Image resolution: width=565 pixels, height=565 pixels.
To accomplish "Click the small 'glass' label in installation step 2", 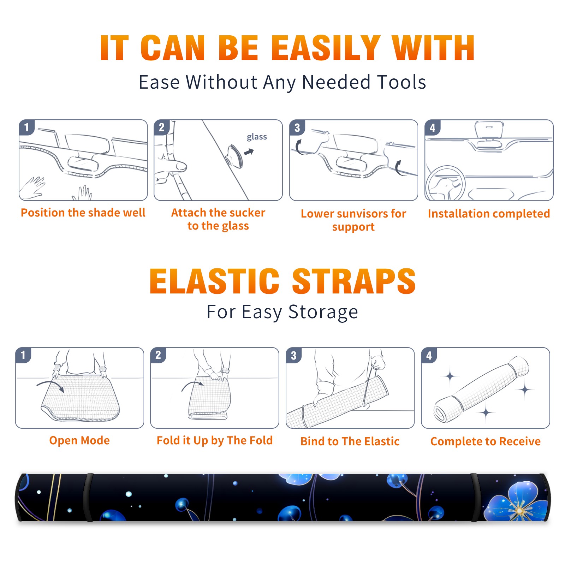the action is (x=257, y=137).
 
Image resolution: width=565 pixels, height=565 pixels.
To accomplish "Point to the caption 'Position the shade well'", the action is (x=83, y=213).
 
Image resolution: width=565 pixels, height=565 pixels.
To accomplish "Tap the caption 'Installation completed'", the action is (x=489, y=214).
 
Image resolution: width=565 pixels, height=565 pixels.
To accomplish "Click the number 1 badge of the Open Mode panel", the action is (x=23, y=355).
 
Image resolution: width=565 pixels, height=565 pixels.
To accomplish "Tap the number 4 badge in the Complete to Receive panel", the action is (x=429, y=355).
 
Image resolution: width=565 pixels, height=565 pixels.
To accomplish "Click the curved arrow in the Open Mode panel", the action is (x=51, y=385).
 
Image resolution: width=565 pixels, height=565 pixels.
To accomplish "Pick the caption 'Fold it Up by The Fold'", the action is (x=215, y=441).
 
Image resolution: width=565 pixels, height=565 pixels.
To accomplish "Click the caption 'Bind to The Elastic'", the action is (x=350, y=441).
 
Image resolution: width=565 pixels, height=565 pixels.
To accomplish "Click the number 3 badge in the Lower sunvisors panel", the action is (x=297, y=127).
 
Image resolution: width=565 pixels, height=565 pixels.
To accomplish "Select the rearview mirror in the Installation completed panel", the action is (x=489, y=130).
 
